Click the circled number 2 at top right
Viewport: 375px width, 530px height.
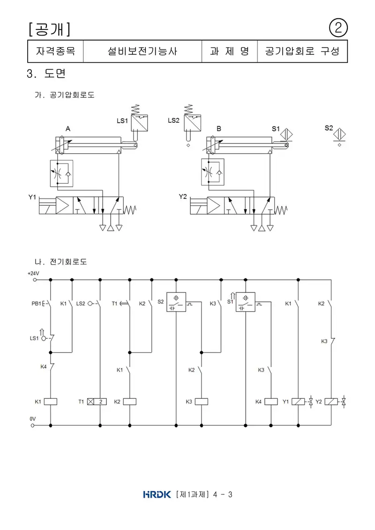[338, 28]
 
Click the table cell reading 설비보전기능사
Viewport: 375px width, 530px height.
[142, 52]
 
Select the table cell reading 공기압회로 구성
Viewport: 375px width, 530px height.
[302, 52]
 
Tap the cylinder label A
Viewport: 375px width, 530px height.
[68, 129]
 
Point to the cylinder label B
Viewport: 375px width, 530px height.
[219, 129]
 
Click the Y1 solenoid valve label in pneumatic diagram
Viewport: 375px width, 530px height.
[32, 197]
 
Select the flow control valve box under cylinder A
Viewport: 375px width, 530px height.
[61, 173]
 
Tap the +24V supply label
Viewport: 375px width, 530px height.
[33, 273]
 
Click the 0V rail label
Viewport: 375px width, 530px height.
[32, 419]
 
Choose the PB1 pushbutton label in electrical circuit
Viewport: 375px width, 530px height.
[36, 304]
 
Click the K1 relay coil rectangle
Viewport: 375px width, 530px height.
[50, 402]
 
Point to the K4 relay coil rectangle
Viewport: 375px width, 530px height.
[271, 402]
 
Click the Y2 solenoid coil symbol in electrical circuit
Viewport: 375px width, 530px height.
[331, 402]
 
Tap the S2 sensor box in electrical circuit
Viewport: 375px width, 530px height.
[176, 302]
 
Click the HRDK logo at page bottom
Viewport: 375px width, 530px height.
[157, 494]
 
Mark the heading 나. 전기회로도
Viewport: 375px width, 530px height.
[61, 261]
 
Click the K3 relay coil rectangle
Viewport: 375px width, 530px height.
[201, 402]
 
